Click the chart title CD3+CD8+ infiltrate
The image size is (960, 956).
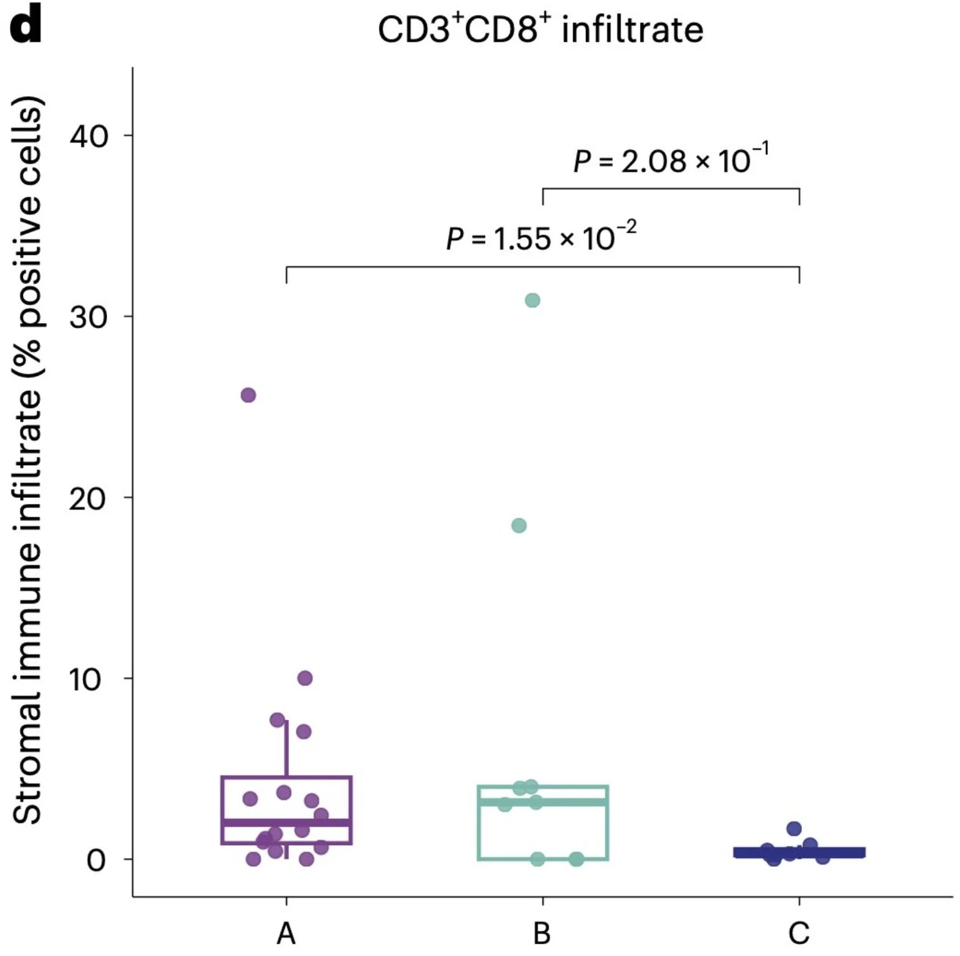[540, 30]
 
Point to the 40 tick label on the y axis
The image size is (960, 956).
[88, 136]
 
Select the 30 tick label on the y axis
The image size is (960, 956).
[88, 317]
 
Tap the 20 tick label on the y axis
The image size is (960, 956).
[88, 499]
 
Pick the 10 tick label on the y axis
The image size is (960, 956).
[86, 679]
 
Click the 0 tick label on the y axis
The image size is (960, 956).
[96, 860]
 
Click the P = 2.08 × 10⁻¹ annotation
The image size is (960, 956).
[671, 161]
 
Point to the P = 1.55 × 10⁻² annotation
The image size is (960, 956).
[541, 238]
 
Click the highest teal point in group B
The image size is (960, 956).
[532, 301]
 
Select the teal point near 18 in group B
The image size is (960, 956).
[519, 526]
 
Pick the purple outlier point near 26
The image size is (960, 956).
[248, 395]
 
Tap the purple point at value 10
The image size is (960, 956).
[304, 678]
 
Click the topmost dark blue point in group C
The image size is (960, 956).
[794, 828]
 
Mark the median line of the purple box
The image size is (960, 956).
[286, 823]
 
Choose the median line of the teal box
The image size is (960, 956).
[543, 802]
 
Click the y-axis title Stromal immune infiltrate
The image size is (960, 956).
[27, 461]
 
